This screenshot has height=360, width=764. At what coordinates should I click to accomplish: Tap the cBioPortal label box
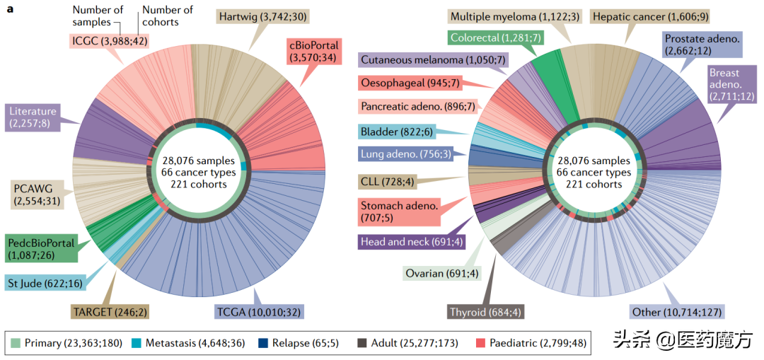coord(313,52)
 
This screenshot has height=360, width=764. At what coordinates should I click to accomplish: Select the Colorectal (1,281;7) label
coord(494,37)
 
